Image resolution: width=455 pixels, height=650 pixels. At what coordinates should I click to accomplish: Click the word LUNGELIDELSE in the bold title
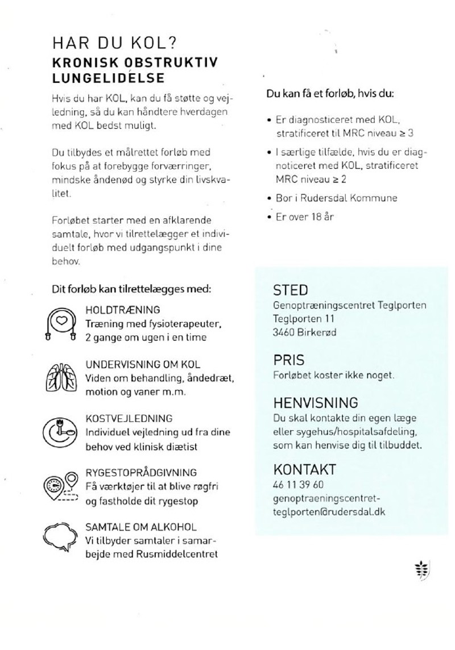[x=108, y=77]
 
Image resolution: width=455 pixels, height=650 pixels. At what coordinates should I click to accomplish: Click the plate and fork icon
[x=61, y=432]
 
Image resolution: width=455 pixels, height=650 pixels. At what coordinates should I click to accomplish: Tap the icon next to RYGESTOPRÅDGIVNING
[x=61, y=486]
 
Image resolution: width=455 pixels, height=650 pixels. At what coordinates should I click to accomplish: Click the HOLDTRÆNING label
[x=123, y=310]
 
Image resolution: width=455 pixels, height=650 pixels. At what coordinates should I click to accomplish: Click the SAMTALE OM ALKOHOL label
[x=141, y=527]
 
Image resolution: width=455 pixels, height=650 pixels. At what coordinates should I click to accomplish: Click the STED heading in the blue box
[x=291, y=290]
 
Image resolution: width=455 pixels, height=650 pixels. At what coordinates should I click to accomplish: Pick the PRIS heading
[x=289, y=360]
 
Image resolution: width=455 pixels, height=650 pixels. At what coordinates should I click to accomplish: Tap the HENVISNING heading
[x=316, y=403]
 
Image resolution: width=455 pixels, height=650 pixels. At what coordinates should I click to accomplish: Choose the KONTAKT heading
[x=305, y=470]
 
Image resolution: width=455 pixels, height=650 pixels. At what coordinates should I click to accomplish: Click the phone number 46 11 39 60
[x=299, y=485]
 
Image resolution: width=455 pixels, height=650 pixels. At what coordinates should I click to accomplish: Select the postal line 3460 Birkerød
[x=305, y=332]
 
